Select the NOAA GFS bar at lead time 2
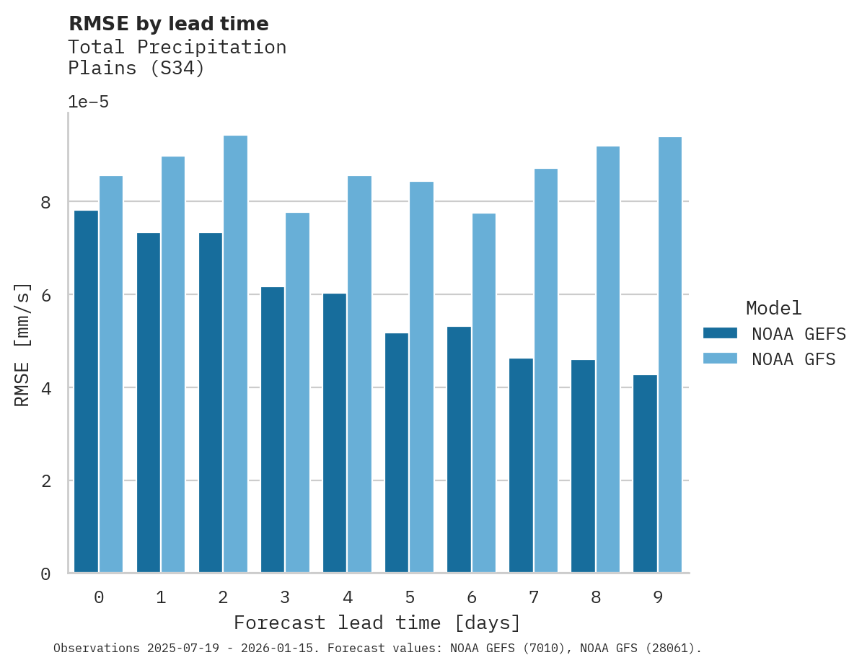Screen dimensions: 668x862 pos(235,354)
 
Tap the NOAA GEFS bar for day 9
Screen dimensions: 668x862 pos(645,474)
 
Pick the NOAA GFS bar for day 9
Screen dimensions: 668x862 pos(670,355)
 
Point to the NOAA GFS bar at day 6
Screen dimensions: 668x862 pos(484,393)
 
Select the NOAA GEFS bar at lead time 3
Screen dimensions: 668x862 pos(273,430)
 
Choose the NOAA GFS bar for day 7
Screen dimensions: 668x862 pos(545,371)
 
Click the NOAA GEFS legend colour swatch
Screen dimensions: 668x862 pos(720,333)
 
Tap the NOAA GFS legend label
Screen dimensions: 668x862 pos(793,359)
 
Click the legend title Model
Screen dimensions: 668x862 pos(773,308)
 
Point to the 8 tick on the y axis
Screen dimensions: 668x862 pos(45,202)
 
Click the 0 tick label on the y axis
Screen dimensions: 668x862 pos(45,574)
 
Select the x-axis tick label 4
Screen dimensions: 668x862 pos(348,597)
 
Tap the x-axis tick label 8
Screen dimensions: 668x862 pos(596,597)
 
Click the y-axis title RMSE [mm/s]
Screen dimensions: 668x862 pos(22,344)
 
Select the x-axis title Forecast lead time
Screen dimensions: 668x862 pos(377,623)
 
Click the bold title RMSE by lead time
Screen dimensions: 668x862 pos(168,24)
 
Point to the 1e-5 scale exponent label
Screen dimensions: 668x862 pos(88,102)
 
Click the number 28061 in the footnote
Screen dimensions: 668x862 pos(669,649)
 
